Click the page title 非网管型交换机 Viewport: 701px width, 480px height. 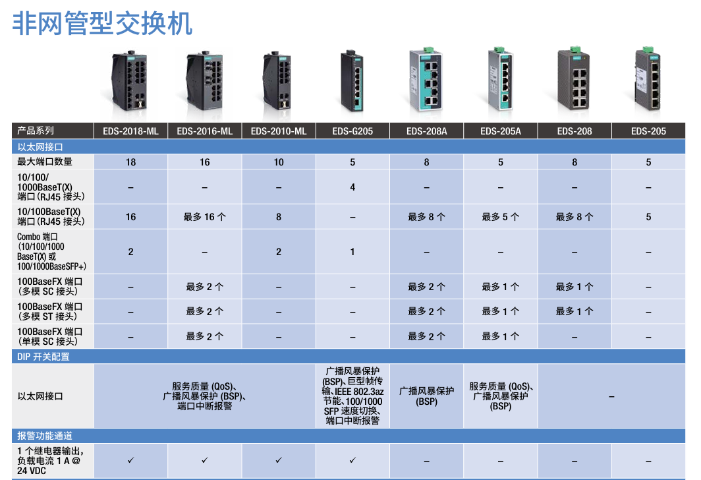pyautogui.click(x=102, y=23)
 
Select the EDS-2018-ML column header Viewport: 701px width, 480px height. pyautogui.click(x=130, y=131)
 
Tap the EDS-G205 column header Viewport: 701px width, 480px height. pyautogui.click(x=352, y=131)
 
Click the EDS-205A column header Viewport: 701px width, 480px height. pyautogui.click(x=500, y=131)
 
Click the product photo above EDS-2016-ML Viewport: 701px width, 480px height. pyautogui.click(x=204, y=81)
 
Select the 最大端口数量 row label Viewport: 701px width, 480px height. pyautogui.click(x=45, y=162)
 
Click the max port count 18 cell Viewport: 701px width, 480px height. pyautogui.click(x=130, y=162)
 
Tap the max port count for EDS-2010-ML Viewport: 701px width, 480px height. pyautogui.click(x=279, y=162)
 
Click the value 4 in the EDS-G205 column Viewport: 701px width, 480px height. pyautogui.click(x=352, y=187)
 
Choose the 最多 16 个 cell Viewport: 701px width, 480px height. pyautogui.click(x=204, y=217)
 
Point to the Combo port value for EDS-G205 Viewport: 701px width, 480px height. pyautogui.click(x=352, y=252)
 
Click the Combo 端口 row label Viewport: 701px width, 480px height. pyautogui.click(x=51, y=251)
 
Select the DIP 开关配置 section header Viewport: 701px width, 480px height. pyautogui.click(x=43, y=357)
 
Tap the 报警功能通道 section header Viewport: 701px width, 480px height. pyautogui.click(x=45, y=436)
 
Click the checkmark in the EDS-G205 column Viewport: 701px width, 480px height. pyautogui.click(x=352, y=460)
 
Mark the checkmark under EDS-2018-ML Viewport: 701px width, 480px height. pyautogui.click(x=130, y=460)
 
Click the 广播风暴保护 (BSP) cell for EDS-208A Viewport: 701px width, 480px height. pyautogui.click(x=426, y=396)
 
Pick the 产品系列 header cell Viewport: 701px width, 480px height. pyautogui.click(x=36, y=131)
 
